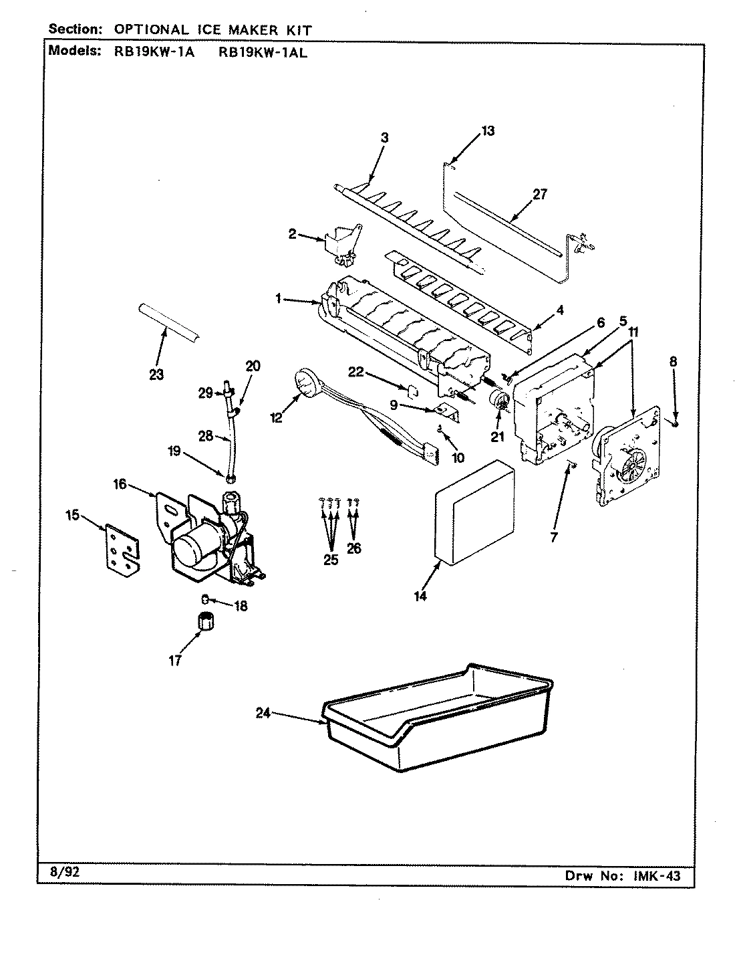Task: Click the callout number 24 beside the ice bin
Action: coord(263,713)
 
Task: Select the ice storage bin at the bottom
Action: coord(434,726)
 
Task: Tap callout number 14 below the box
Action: coord(420,597)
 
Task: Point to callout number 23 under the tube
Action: coord(156,374)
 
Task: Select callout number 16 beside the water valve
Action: coord(119,484)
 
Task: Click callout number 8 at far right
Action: coord(674,361)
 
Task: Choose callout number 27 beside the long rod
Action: coord(539,195)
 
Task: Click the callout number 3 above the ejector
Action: coord(384,138)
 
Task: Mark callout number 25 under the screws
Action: coord(331,560)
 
